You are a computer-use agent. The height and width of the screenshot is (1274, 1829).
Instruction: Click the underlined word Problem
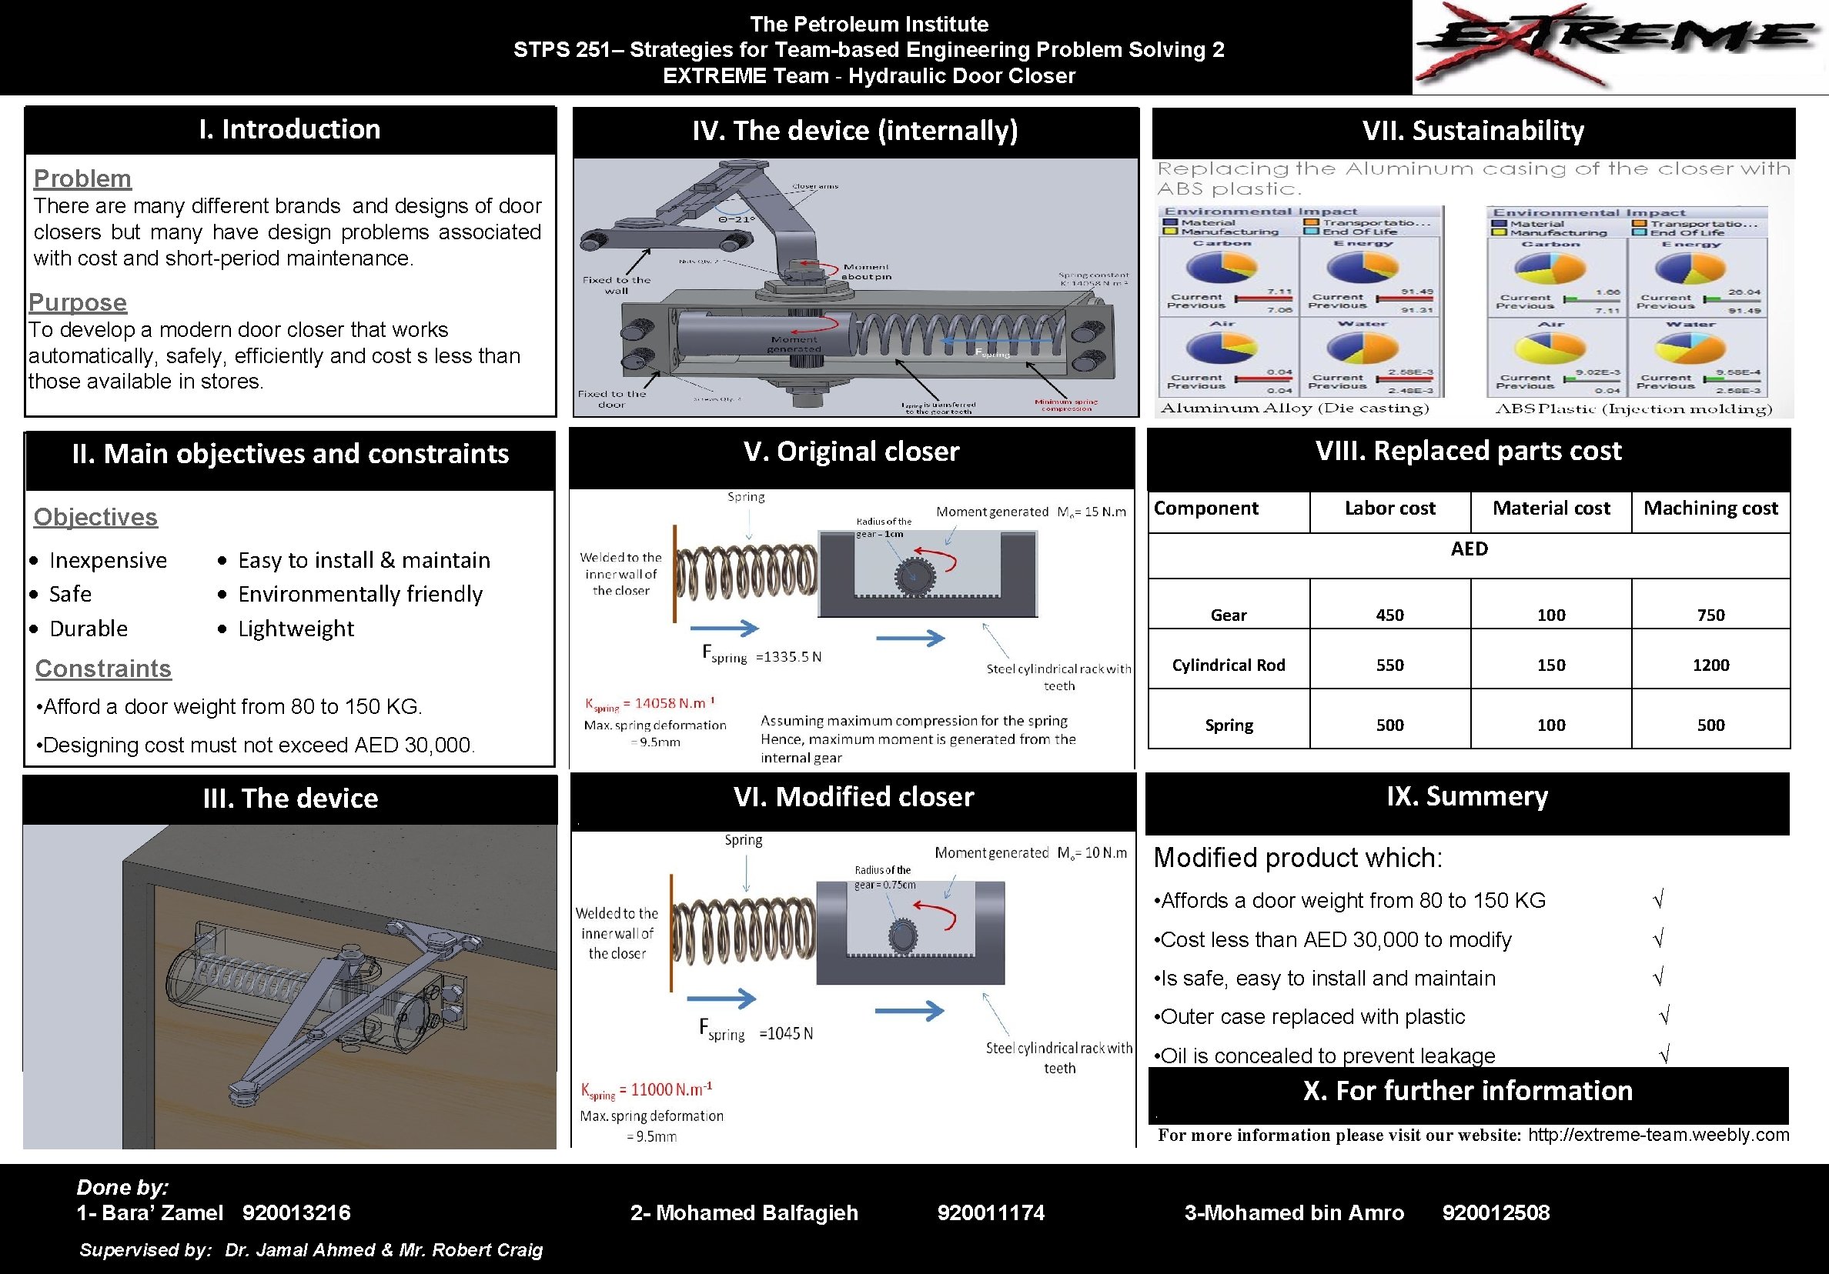pos(82,178)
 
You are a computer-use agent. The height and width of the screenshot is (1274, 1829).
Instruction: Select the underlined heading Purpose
pos(77,302)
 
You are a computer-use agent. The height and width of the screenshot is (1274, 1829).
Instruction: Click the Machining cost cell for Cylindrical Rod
pos(1710,665)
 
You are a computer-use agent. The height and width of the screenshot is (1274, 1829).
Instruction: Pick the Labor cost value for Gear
pos(1389,615)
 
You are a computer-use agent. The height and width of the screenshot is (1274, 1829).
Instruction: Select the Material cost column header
pos(1550,508)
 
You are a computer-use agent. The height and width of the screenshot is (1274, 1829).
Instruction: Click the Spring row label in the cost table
pos(1229,725)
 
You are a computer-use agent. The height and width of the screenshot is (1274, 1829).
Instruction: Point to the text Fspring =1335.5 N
pos(761,655)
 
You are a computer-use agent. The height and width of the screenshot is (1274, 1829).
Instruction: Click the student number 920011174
pos(990,1212)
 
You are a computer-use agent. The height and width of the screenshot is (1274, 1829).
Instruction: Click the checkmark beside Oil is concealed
pos(1663,1054)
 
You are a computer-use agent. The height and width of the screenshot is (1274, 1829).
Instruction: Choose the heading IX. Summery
pos(1466,796)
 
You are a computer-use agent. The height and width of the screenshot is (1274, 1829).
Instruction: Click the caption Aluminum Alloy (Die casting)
pos(1295,409)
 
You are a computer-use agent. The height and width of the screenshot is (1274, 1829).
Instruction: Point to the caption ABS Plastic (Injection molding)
pos(1633,409)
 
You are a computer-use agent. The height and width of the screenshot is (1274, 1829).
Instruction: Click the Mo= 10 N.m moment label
pos(1092,852)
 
